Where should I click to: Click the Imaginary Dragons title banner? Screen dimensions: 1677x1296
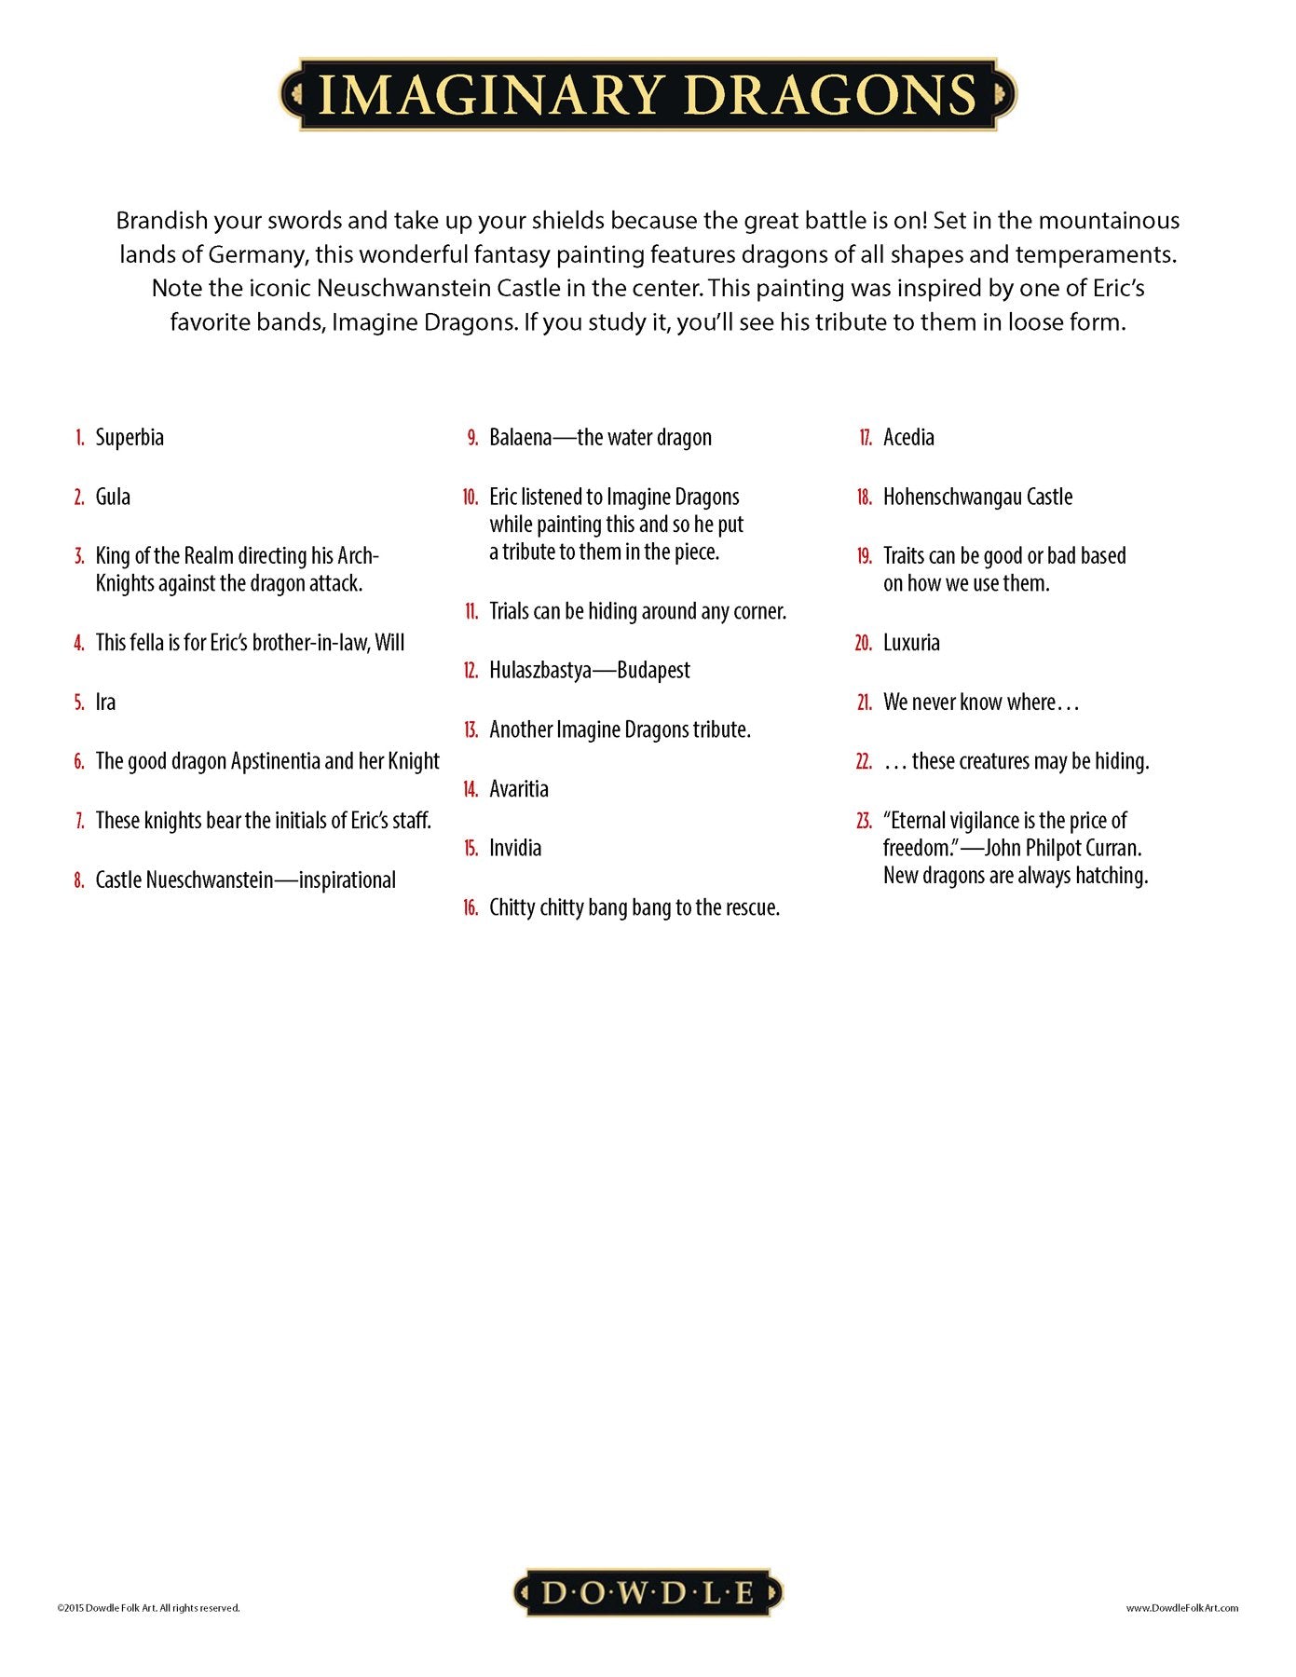pos(648,94)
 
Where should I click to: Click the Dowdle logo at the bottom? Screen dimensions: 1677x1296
pos(648,1592)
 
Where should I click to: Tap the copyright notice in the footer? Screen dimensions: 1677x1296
pos(148,1608)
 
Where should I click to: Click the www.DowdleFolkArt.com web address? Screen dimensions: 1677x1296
pos(1181,1608)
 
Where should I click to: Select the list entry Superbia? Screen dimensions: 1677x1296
pos(130,437)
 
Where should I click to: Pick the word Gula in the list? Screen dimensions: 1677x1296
pos(113,497)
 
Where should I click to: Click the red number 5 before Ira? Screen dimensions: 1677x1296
pos(79,702)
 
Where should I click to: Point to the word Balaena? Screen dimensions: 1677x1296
pos(520,437)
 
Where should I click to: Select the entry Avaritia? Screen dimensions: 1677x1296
pos(519,789)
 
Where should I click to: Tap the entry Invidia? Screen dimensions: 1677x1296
pos(515,848)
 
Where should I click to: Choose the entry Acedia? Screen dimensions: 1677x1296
pos(908,437)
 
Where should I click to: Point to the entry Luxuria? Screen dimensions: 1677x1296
pos(911,643)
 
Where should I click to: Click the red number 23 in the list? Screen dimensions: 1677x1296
pos(864,821)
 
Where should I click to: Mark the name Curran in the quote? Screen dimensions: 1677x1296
pos(1112,848)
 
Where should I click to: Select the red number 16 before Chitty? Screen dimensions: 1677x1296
pos(471,907)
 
